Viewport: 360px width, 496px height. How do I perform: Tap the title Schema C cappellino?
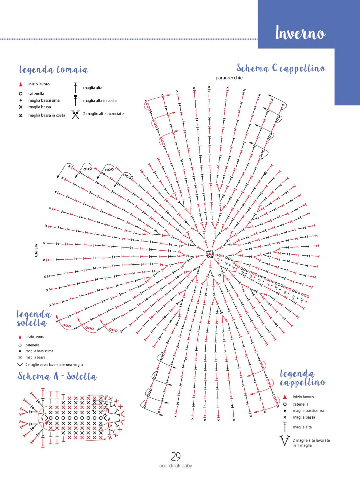click(281, 68)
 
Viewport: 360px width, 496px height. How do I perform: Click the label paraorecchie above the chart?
click(229, 78)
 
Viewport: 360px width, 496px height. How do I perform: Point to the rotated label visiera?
click(36, 250)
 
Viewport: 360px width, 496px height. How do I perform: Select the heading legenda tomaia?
click(54, 69)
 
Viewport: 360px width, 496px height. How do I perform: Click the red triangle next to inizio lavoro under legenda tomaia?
click(21, 84)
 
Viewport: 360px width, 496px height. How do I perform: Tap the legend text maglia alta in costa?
click(100, 100)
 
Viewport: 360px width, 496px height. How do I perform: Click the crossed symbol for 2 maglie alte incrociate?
click(75, 115)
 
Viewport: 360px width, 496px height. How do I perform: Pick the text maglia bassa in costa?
click(47, 115)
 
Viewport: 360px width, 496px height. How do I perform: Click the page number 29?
click(176, 456)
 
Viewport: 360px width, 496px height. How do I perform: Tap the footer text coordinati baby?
click(176, 466)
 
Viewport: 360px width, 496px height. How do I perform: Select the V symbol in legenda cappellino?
click(285, 441)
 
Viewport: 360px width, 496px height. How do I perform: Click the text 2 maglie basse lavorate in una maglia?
click(54, 365)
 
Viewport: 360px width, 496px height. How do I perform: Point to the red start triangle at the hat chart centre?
click(210, 254)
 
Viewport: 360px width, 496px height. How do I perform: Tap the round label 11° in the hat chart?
click(301, 300)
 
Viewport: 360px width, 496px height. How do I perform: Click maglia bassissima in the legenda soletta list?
click(39, 351)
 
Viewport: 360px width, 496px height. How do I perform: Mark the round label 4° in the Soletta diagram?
click(106, 396)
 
